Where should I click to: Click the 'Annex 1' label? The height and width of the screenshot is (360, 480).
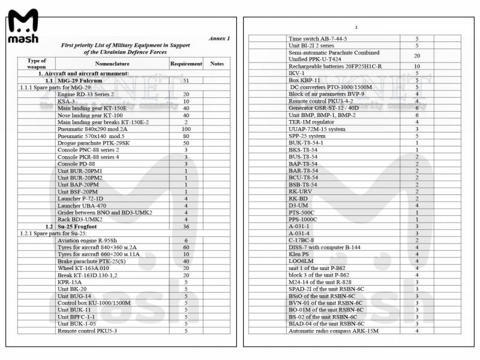click(x=219, y=38)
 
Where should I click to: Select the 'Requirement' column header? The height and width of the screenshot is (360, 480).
click(x=186, y=63)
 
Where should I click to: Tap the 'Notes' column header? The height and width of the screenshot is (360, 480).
click(x=217, y=63)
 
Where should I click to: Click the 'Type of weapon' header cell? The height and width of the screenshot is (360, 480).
click(x=37, y=64)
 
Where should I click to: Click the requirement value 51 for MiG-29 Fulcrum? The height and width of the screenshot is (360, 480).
click(x=186, y=80)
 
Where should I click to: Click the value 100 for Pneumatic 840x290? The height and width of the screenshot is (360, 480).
click(x=186, y=129)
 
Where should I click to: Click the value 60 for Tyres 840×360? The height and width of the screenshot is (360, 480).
click(x=186, y=247)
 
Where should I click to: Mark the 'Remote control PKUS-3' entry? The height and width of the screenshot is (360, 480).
click(x=88, y=330)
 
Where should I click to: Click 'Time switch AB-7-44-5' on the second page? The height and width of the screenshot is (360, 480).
click(x=318, y=39)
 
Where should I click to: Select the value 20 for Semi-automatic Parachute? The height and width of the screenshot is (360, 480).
click(x=417, y=55)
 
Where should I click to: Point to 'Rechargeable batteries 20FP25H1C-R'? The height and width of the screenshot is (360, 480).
click(x=335, y=66)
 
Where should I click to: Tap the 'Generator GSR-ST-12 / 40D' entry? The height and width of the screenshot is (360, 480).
click(x=328, y=108)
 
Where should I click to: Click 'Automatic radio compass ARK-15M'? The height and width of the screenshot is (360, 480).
click(x=329, y=331)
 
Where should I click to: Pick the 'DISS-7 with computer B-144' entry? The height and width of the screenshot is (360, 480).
click(x=325, y=247)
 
